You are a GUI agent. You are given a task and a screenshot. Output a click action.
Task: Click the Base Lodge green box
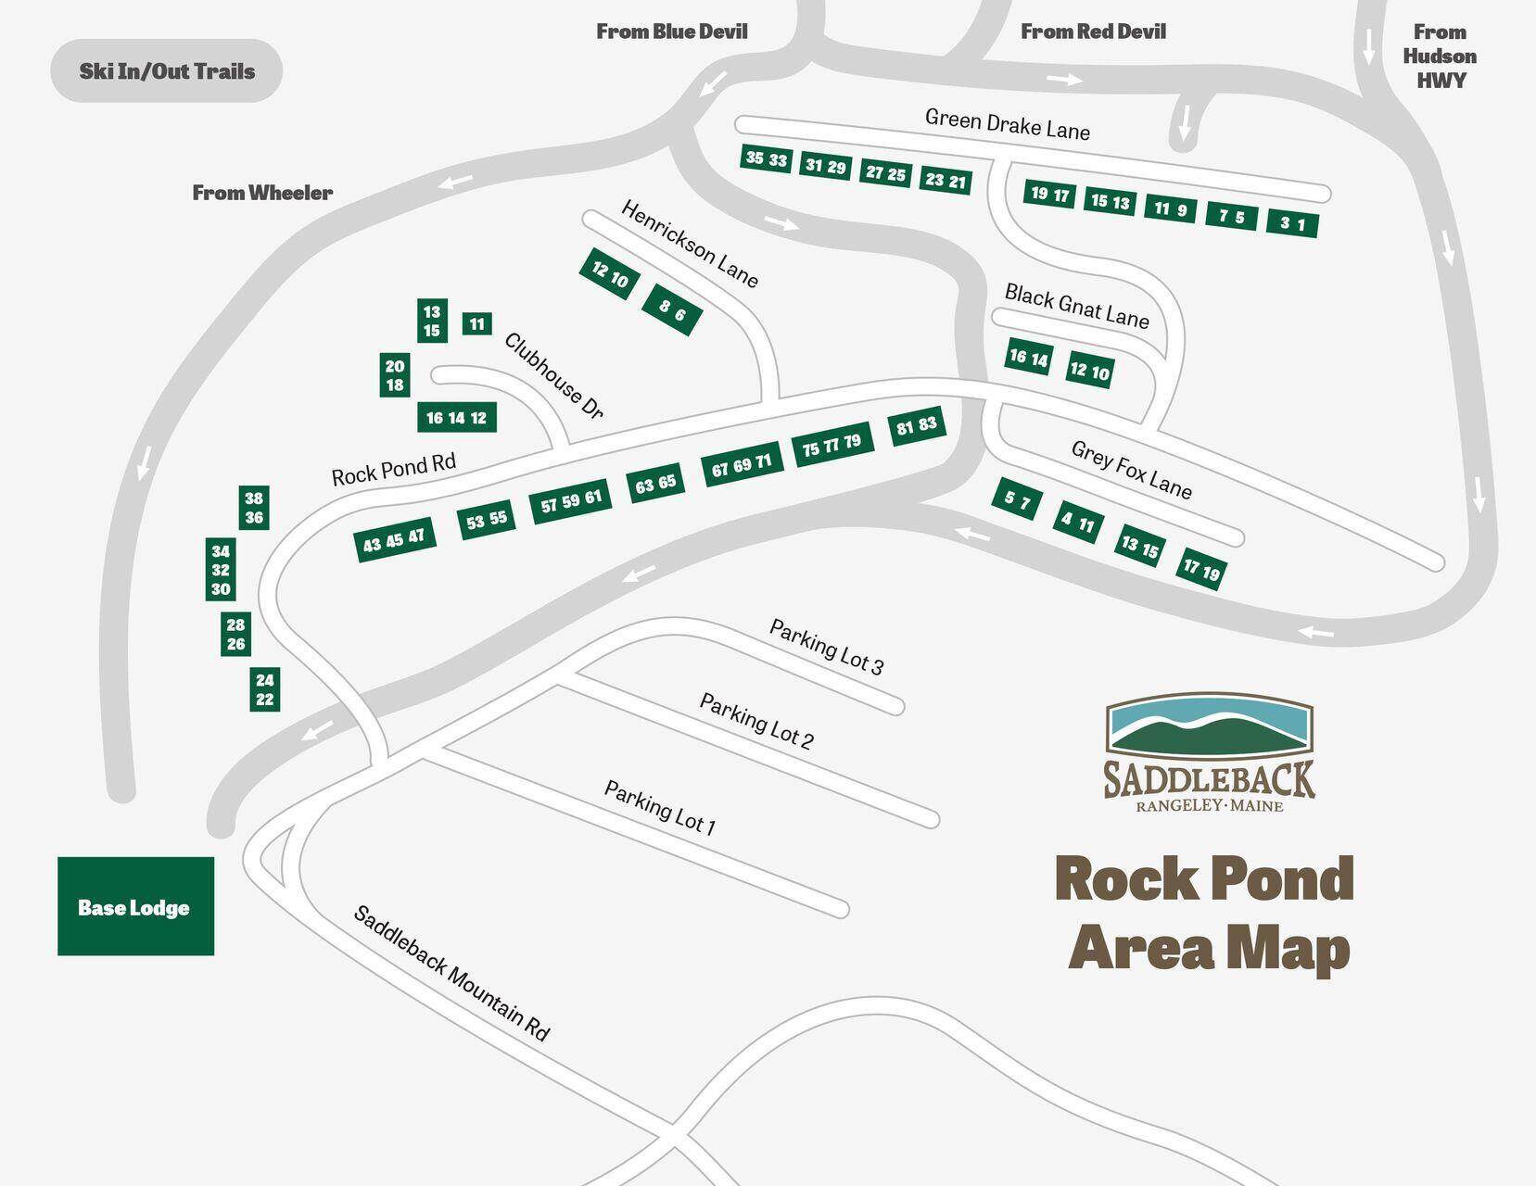[135, 906]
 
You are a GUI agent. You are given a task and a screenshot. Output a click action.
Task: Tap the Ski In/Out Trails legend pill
[166, 70]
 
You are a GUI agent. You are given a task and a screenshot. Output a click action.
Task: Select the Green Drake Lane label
[1007, 124]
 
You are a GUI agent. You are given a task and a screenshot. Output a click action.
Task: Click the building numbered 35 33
[767, 159]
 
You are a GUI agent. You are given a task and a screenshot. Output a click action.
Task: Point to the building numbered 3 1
[1292, 223]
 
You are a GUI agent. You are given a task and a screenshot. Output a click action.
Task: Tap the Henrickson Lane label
[690, 244]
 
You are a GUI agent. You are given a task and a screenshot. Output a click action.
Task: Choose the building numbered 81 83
[917, 426]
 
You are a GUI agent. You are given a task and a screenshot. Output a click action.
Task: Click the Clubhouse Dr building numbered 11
[476, 323]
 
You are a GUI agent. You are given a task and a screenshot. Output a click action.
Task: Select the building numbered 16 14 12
[456, 418]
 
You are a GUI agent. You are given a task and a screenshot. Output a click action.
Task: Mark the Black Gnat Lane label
[1076, 306]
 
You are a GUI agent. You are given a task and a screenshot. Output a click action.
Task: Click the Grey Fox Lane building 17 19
[1201, 569]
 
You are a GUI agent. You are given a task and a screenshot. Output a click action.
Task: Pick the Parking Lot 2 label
[756, 721]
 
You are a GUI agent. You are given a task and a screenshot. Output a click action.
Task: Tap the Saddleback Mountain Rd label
[451, 973]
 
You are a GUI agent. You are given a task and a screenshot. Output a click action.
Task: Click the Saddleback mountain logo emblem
[1209, 725]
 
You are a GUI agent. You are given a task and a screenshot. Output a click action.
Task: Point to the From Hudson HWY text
[1439, 56]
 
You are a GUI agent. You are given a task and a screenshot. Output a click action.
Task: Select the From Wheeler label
[262, 193]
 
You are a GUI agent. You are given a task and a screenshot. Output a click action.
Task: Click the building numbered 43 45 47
[394, 539]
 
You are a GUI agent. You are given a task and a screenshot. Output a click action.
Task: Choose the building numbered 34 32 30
[221, 570]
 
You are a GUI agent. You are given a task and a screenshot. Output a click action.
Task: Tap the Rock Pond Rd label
[393, 469]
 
